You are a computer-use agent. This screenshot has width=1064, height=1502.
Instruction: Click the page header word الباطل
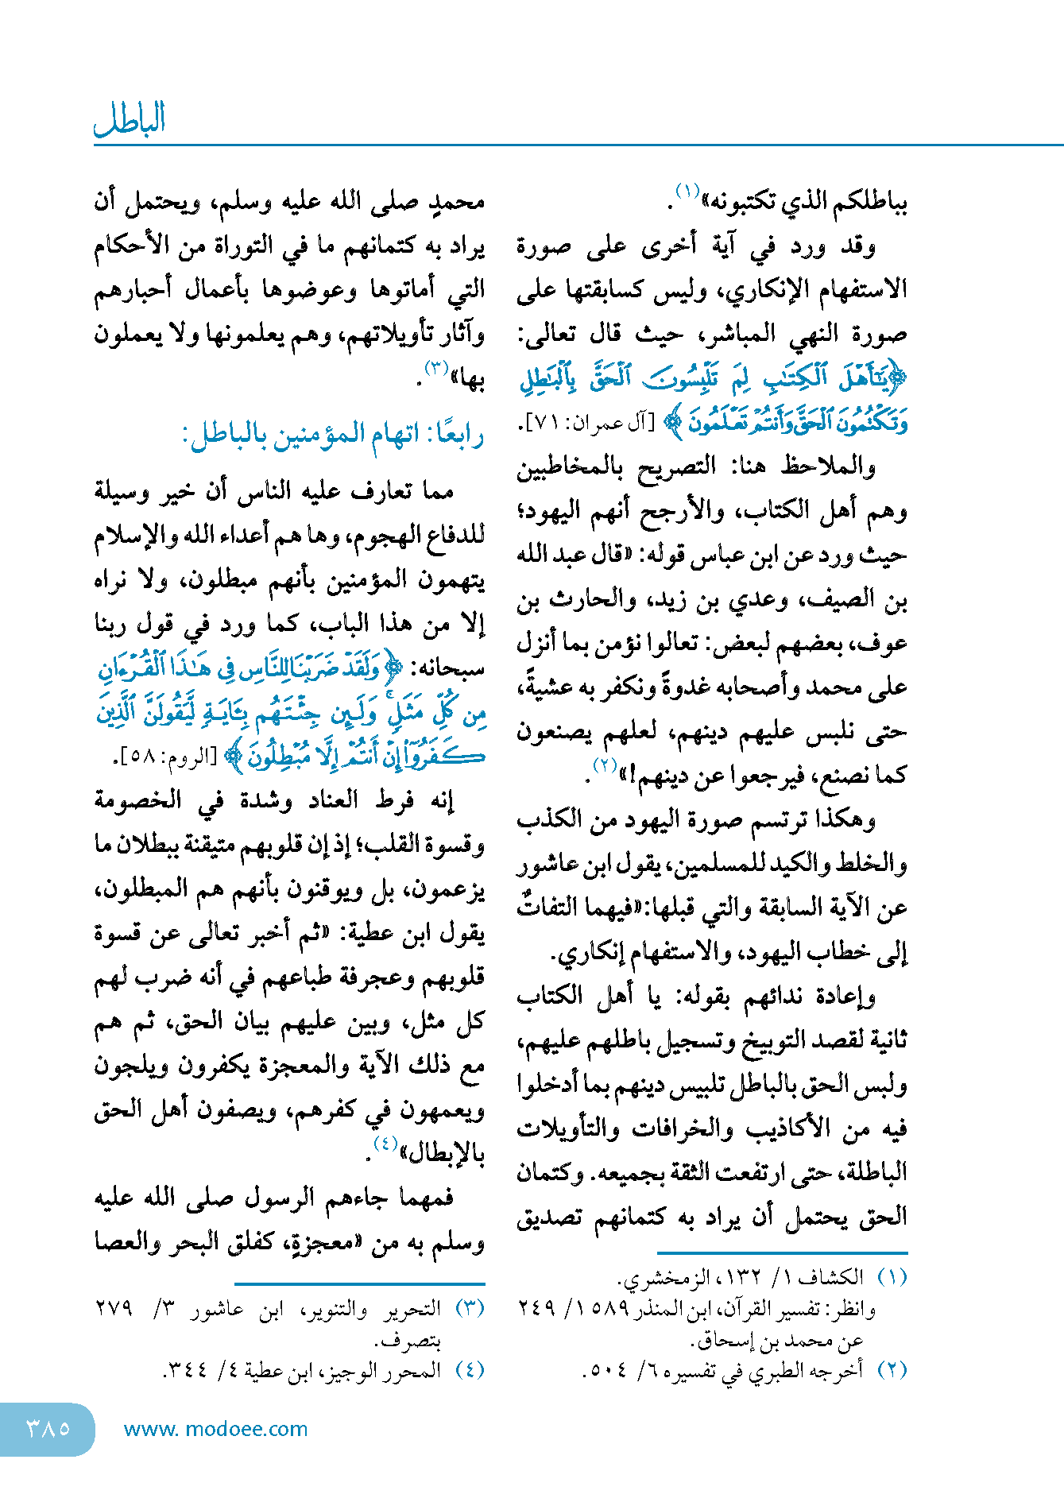click(x=130, y=119)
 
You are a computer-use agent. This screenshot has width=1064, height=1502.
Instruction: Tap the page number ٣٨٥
click(x=48, y=1428)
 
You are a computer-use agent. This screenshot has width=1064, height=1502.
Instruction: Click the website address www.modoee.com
click(x=215, y=1429)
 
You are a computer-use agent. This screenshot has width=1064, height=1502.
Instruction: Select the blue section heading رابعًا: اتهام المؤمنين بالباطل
click(x=333, y=435)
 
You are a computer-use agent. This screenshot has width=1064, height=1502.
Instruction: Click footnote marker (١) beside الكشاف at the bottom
click(x=892, y=1277)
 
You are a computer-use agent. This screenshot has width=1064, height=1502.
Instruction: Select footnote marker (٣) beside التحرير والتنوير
click(x=470, y=1309)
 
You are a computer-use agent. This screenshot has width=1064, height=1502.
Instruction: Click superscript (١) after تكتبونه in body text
click(x=686, y=191)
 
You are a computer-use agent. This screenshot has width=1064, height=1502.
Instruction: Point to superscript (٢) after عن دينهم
click(x=605, y=765)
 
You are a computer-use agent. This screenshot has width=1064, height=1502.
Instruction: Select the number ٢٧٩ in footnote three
click(x=114, y=1309)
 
